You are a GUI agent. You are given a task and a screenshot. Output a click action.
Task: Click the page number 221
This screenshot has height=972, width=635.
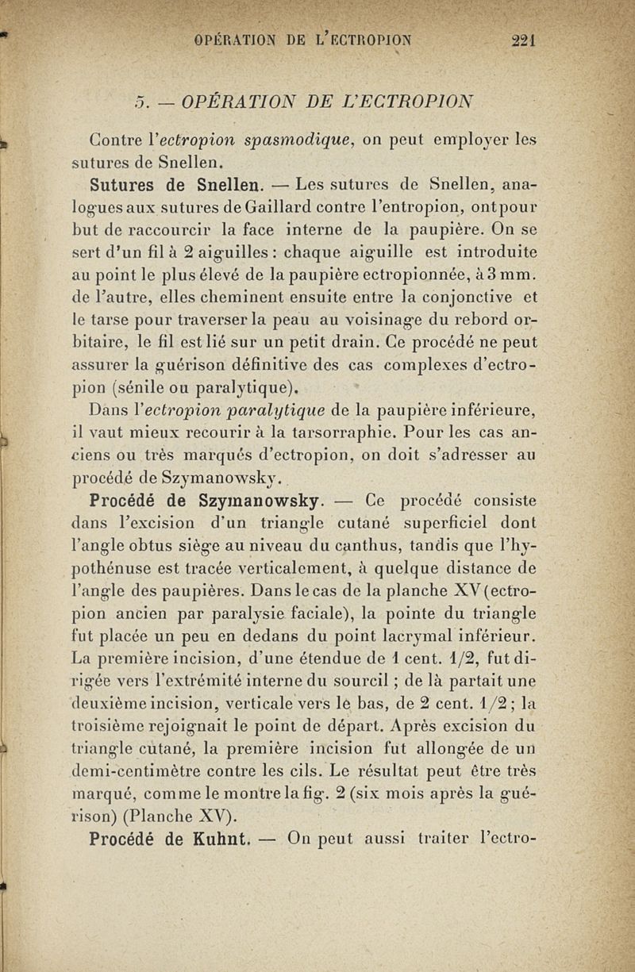pyautogui.click(x=523, y=42)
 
